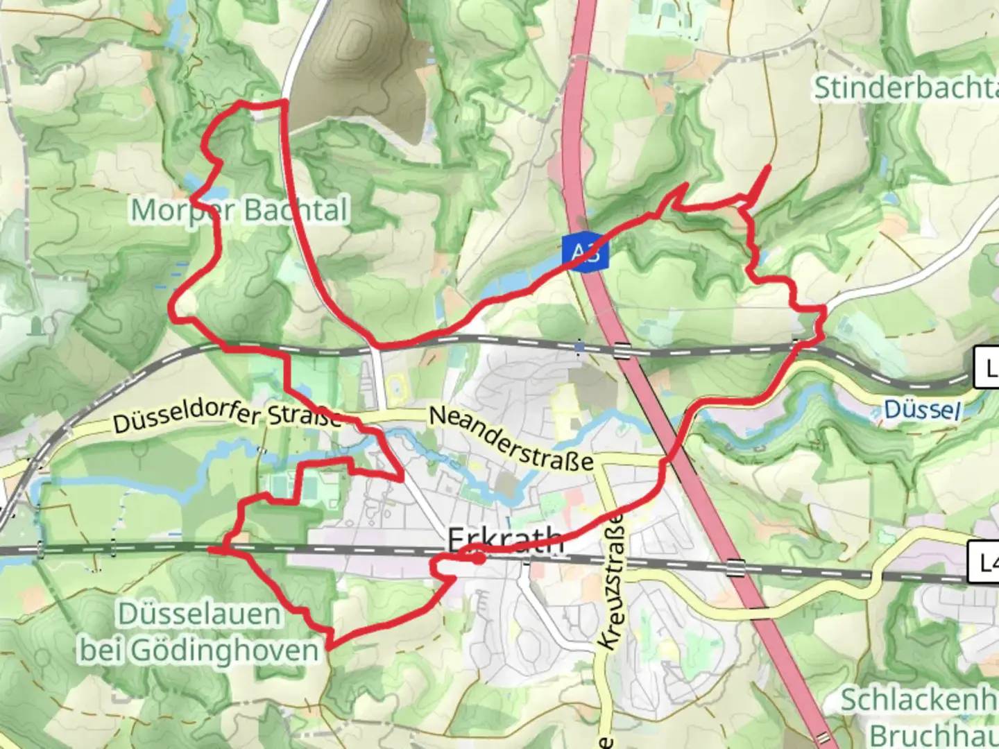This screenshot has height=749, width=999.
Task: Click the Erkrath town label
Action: tap(505, 540)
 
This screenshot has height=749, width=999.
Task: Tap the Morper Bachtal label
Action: tap(239, 209)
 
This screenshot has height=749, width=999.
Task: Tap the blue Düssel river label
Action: tap(922, 410)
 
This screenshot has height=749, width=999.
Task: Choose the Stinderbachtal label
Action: tap(905, 88)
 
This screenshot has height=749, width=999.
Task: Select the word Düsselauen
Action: tap(199, 614)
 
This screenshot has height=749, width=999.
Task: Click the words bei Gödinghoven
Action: tap(199, 651)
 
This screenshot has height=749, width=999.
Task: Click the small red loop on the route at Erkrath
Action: tap(478, 557)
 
